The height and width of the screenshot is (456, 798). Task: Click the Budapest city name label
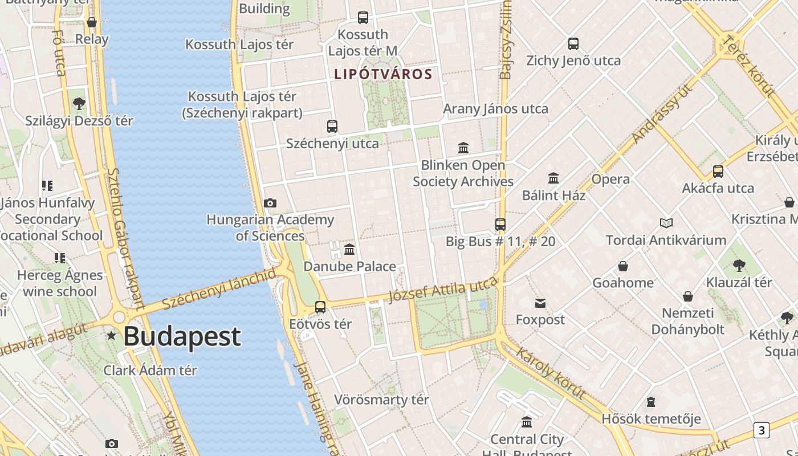[x=182, y=336]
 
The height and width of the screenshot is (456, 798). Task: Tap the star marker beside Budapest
[x=112, y=336]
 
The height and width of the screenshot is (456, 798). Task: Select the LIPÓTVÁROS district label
[x=383, y=74]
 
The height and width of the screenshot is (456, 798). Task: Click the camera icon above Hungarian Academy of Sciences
[x=270, y=203]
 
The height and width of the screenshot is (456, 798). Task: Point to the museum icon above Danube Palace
[x=349, y=250]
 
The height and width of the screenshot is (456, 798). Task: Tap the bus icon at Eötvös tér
[x=320, y=307]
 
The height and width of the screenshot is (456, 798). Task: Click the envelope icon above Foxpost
[x=540, y=303]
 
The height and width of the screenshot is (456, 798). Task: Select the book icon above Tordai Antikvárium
[x=666, y=223]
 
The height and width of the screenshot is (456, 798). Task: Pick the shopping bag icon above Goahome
[x=623, y=266]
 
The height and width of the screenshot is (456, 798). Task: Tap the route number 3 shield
[x=761, y=430]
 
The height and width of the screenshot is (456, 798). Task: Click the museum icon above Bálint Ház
[x=553, y=178]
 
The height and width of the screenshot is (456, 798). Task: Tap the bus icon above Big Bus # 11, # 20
[x=500, y=225]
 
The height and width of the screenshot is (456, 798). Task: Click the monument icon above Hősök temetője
[x=650, y=402]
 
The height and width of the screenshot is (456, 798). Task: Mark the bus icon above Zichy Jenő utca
[x=573, y=44]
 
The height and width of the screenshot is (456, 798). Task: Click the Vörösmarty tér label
[x=381, y=400]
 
